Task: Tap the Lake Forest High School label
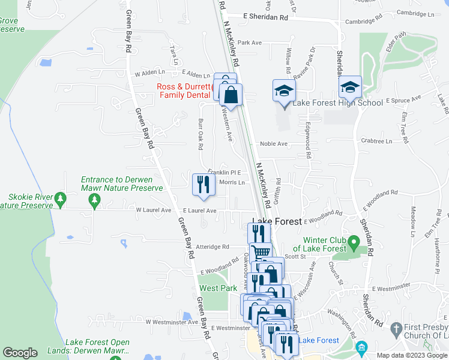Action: click(x=337, y=103)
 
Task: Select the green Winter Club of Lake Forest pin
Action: click(x=354, y=243)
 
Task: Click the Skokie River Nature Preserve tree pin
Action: click(x=60, y=199)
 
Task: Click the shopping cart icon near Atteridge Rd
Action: click(x=260, y=253)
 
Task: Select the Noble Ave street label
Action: click(x=274, y=144)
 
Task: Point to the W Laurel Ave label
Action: click(x=154, y=211)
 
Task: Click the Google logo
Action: click(x=20, y=353)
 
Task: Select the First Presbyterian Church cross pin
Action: click(x=396, y=328)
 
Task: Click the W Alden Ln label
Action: click(x=149, y=73)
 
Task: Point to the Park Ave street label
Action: click(x=250, y=43)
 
